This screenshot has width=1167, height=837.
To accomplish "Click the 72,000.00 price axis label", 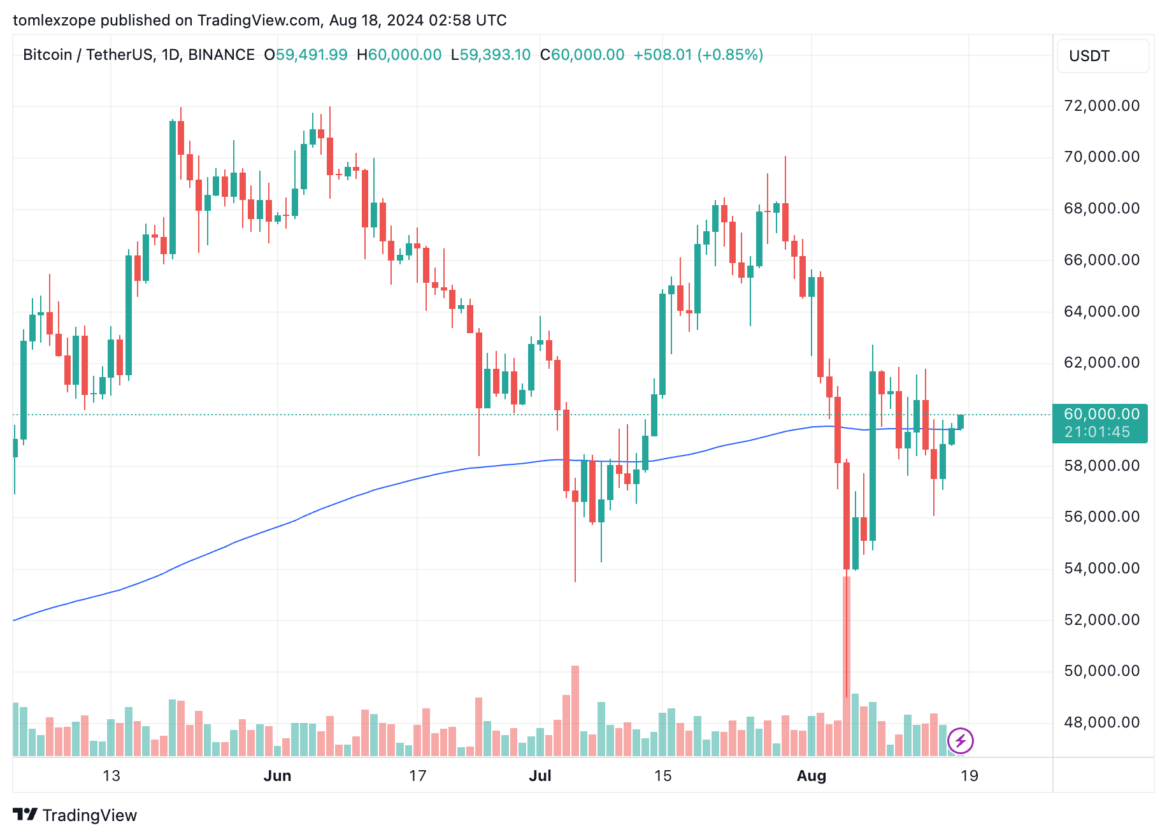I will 1101,106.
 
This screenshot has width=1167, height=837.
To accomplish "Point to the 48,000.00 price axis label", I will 1101,722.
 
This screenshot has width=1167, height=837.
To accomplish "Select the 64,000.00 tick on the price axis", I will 1101,311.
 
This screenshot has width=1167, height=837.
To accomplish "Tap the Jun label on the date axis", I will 277,776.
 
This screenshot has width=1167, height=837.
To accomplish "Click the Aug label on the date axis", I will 812,776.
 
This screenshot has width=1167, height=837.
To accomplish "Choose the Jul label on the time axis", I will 540,776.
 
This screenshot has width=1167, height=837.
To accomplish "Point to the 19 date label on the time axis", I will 969,776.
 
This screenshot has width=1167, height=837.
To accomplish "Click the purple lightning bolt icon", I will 960,741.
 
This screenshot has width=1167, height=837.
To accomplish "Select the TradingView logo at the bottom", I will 75,815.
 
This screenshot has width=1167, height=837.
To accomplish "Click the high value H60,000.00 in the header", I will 399,55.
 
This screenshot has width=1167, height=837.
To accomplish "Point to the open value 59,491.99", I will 311,55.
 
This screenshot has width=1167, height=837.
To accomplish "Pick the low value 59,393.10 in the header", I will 494,55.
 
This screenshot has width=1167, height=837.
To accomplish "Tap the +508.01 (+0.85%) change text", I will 698,55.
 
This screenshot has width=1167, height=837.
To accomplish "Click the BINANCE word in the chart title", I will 221,55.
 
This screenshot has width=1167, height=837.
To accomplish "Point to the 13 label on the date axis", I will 111,776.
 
